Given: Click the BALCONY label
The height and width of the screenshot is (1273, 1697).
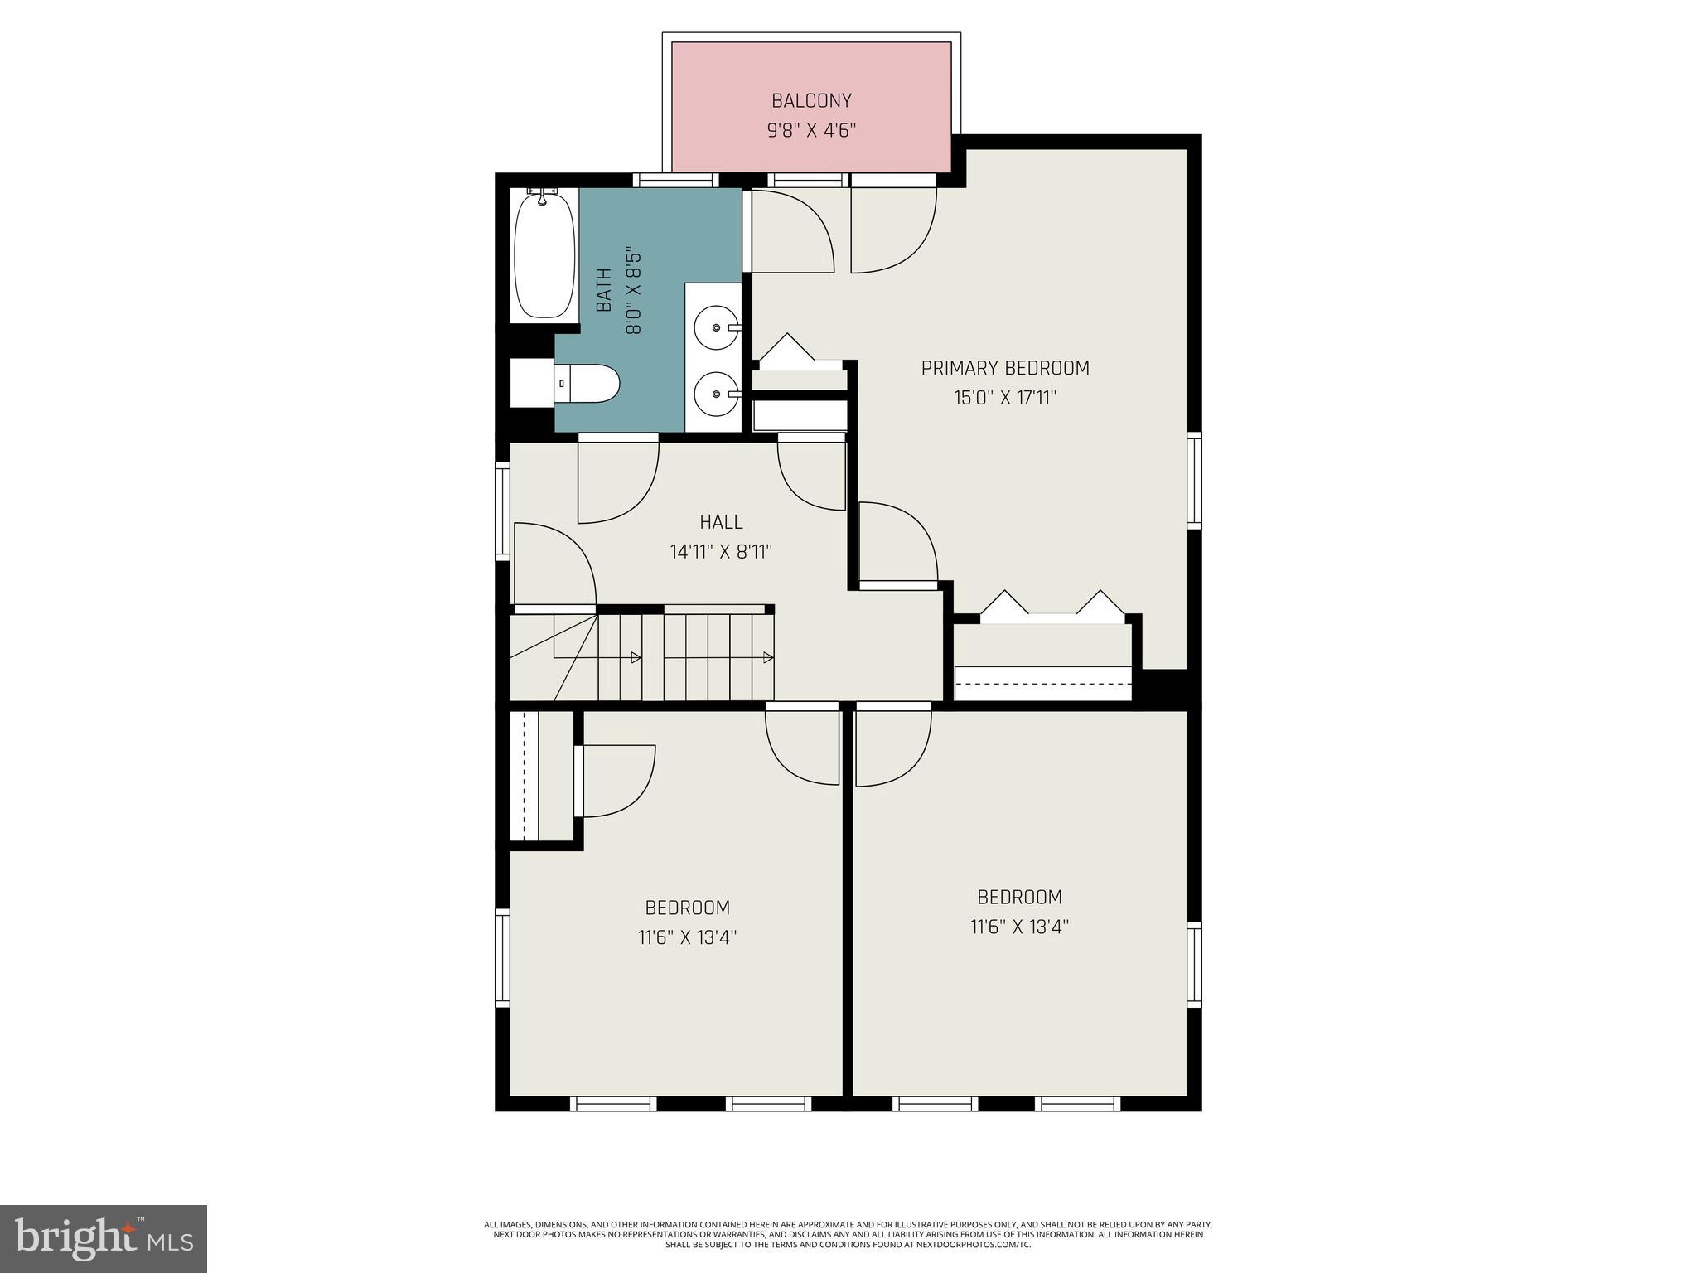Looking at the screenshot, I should click(x=811, y=101).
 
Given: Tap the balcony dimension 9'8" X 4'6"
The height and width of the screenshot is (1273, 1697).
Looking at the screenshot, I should click(x=811, y=131).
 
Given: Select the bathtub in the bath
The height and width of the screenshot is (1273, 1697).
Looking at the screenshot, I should click(x=544, y=255).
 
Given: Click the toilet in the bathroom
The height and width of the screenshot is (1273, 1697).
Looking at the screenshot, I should click(x=586, y=384).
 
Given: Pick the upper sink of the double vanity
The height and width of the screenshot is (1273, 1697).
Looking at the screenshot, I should click(x=716, y=327).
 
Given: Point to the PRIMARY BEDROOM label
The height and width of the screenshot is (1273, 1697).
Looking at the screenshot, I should click(x=1005, y=368).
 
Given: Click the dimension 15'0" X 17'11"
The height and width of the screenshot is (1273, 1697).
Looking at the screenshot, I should click(x=1005, y=398).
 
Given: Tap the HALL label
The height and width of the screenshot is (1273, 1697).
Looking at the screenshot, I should click(x=721, y=522).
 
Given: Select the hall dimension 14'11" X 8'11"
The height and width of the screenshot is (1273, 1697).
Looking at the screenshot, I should click(x=721, y=552).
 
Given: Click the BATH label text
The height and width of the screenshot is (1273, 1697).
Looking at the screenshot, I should click(x=604, y=290).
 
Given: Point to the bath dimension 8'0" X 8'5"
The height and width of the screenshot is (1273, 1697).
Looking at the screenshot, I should click(x=634, y=290).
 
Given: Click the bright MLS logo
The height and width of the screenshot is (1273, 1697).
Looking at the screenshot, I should click(x=104, y=1238).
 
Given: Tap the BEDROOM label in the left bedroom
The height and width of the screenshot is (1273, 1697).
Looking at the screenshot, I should click(x=688, y=908).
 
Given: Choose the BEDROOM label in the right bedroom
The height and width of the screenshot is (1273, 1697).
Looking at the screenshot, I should click(x=1019, y=897).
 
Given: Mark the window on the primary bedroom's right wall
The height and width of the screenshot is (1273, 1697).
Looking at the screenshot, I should click(x=1194, y=481).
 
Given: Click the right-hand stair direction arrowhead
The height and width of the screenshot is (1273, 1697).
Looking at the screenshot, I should click(x=768, y=657).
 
